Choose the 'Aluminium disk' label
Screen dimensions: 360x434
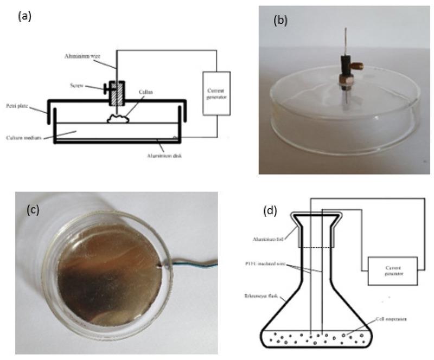point(171,156)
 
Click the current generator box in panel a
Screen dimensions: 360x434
point(217,93)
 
